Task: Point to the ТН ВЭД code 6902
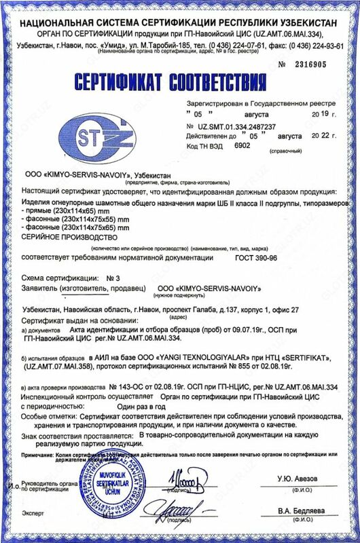(242, 145)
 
